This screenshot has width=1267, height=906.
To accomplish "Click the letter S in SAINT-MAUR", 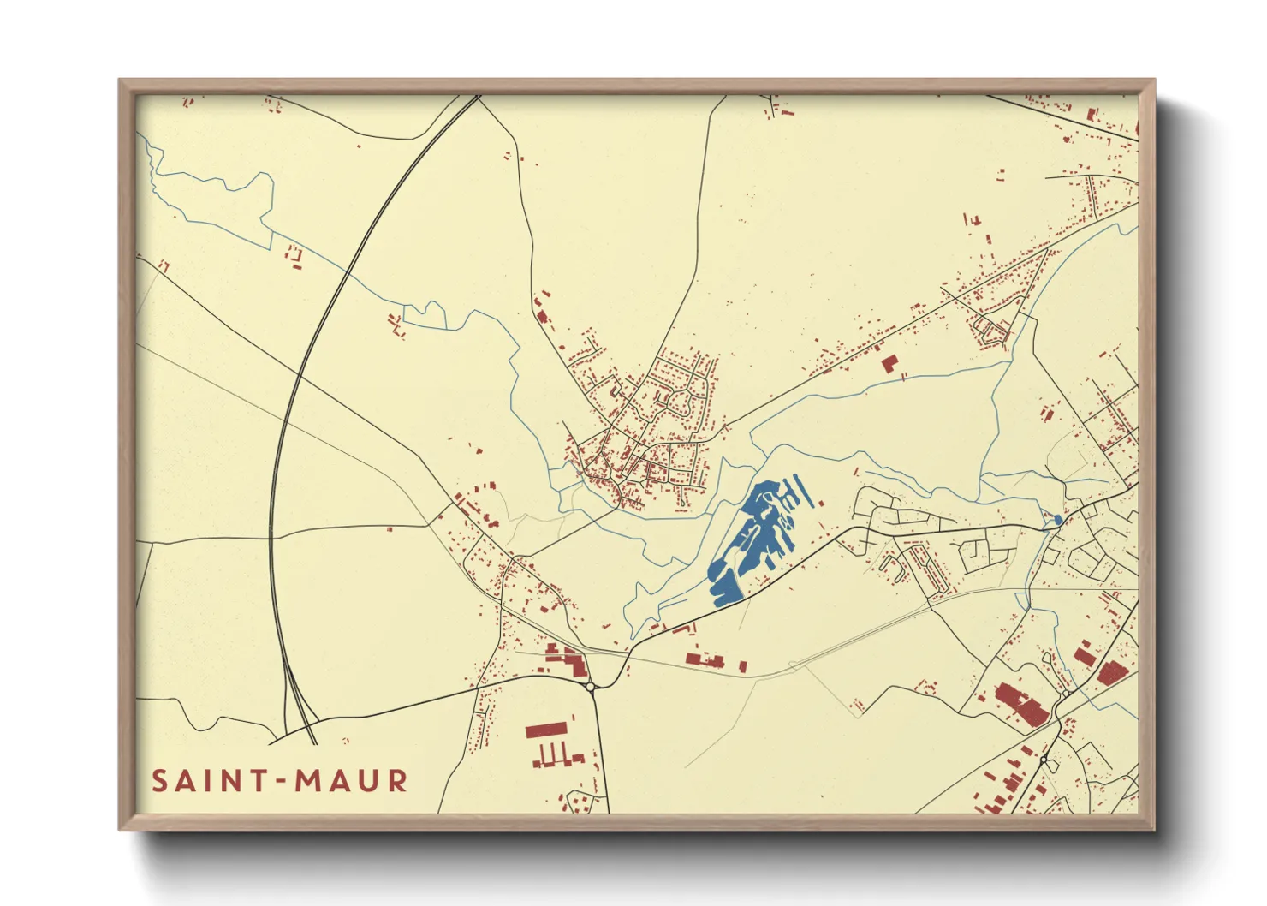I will click(160, 781).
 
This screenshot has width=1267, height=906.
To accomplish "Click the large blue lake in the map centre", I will click(749, 544).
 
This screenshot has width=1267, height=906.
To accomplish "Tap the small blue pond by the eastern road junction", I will click(1058, 520).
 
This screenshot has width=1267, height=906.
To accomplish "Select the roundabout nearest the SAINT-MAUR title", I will click(590, 686).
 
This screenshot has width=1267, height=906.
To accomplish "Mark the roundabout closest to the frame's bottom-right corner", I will click(1044, 760).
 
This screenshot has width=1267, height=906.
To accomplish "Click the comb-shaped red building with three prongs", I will click(556, 756).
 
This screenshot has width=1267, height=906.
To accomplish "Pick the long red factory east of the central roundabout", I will click(705, 660).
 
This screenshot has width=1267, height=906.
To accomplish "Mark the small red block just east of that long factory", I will click(742, 665).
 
